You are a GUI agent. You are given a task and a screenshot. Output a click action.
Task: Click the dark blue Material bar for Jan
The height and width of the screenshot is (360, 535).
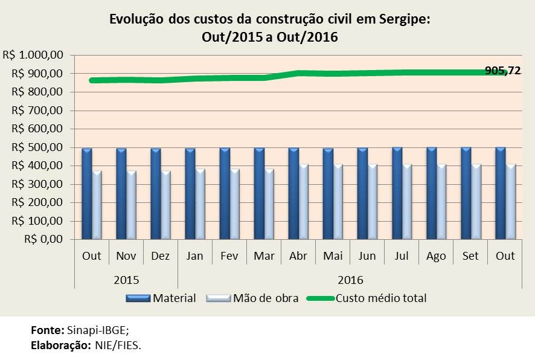[190, 193]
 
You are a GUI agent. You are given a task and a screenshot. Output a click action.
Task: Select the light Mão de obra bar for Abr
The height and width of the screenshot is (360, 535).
[304, 201]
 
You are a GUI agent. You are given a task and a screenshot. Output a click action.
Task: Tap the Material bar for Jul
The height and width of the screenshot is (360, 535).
[397, 193]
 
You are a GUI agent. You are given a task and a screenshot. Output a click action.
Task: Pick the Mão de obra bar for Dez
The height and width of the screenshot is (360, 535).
[166, 204]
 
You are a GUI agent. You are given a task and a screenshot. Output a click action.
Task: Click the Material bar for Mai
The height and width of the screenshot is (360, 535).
[328, 193]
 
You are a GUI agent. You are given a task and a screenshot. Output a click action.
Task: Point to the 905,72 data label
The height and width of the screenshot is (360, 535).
[502, 71]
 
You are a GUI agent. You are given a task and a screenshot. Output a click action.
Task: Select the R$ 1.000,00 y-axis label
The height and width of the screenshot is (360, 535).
[34, 55]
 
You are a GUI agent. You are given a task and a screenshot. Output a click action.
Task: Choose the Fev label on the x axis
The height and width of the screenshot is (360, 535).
[229, 256]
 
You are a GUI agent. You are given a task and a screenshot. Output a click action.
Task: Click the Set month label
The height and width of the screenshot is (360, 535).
[470, 256]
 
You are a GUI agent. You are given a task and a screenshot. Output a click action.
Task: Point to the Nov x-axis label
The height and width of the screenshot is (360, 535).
[126, 256]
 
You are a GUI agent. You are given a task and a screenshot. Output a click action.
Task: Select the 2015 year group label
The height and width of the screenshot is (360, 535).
[126, 280]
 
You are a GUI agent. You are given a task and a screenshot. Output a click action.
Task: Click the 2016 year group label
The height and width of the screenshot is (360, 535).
[350, 280]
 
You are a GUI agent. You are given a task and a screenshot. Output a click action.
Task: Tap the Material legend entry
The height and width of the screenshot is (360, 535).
[174, 298]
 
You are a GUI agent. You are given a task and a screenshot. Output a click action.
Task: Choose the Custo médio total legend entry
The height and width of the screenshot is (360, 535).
[380, 298]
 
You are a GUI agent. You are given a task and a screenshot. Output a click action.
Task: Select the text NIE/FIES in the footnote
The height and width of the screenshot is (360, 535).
[118, 346]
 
